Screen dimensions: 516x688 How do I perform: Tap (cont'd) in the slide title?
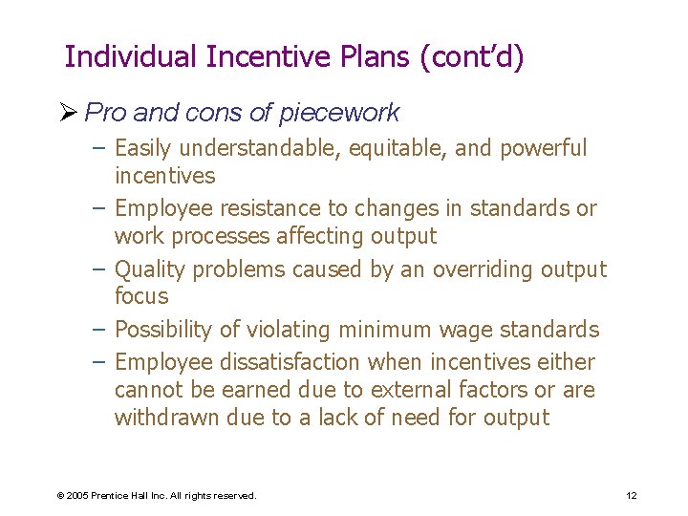click(x=472, y=57)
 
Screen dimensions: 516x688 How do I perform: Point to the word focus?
click(x=141, y=296)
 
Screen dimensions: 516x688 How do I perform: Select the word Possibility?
click(x=162, y=330)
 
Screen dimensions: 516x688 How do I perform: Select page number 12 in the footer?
click(x=631, y=495)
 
